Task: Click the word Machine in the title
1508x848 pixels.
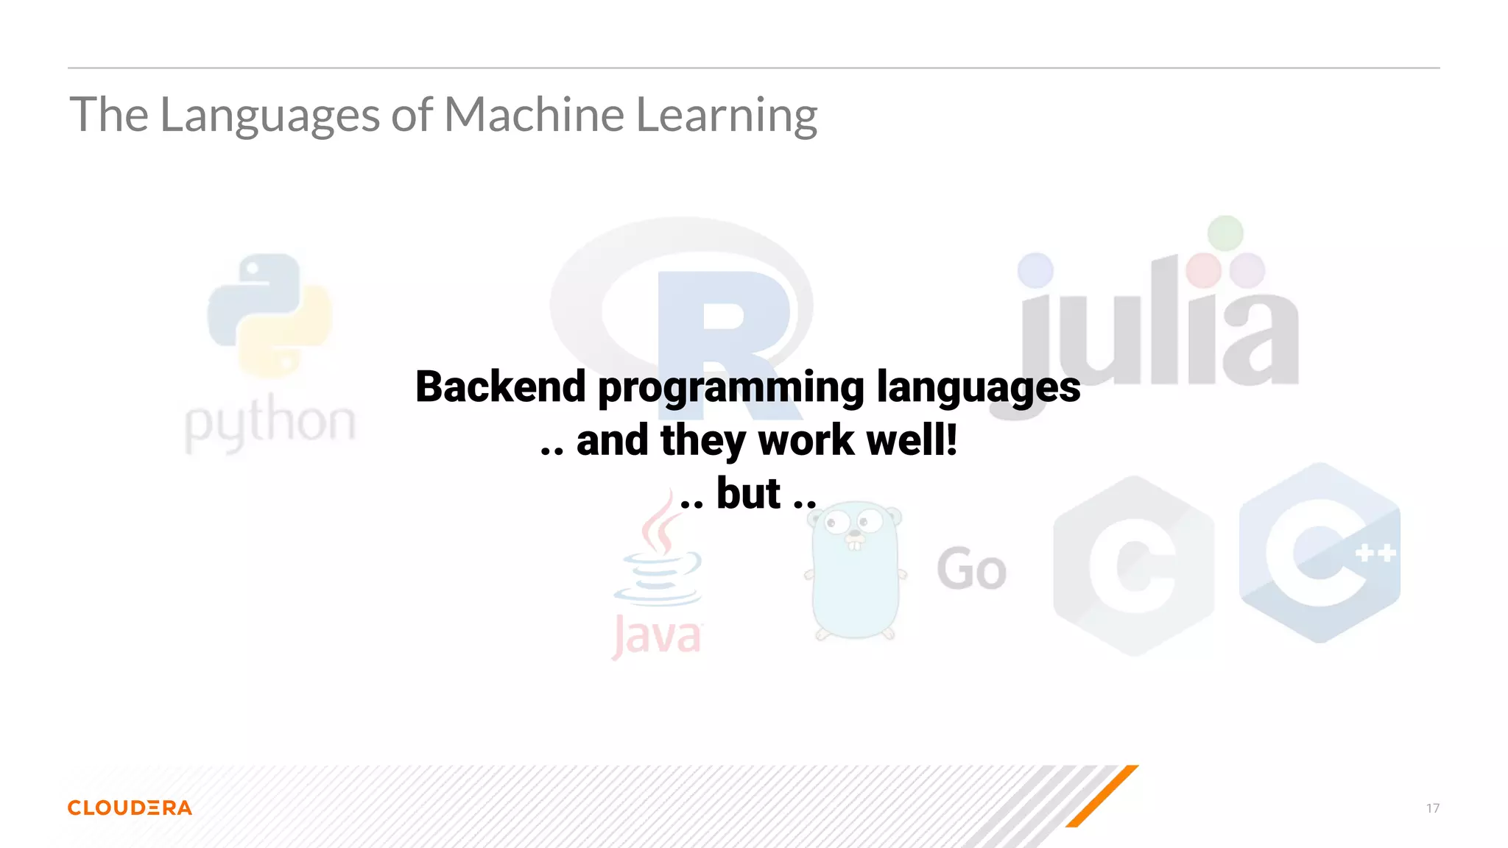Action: point(534,115)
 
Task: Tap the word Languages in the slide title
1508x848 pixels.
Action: point(269,116)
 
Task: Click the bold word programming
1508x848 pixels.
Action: point(730,389)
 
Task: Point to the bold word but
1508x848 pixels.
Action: point(748,493)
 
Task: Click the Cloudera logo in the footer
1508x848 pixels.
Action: point(130,808)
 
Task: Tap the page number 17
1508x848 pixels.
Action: point(1432,808)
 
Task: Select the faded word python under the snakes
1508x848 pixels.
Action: point(269,424)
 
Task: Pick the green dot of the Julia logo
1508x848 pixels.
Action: point(1225,233)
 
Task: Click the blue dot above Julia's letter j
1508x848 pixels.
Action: point(1035,270)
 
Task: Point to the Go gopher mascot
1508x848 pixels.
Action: point(856,571)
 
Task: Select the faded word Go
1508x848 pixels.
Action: point(971,570)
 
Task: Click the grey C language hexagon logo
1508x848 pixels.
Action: point(1133,565)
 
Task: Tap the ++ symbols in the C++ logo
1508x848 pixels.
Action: point(1375,552)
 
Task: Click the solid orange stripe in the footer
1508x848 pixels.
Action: point(1102,796)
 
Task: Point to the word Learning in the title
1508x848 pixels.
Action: point(726,116)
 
